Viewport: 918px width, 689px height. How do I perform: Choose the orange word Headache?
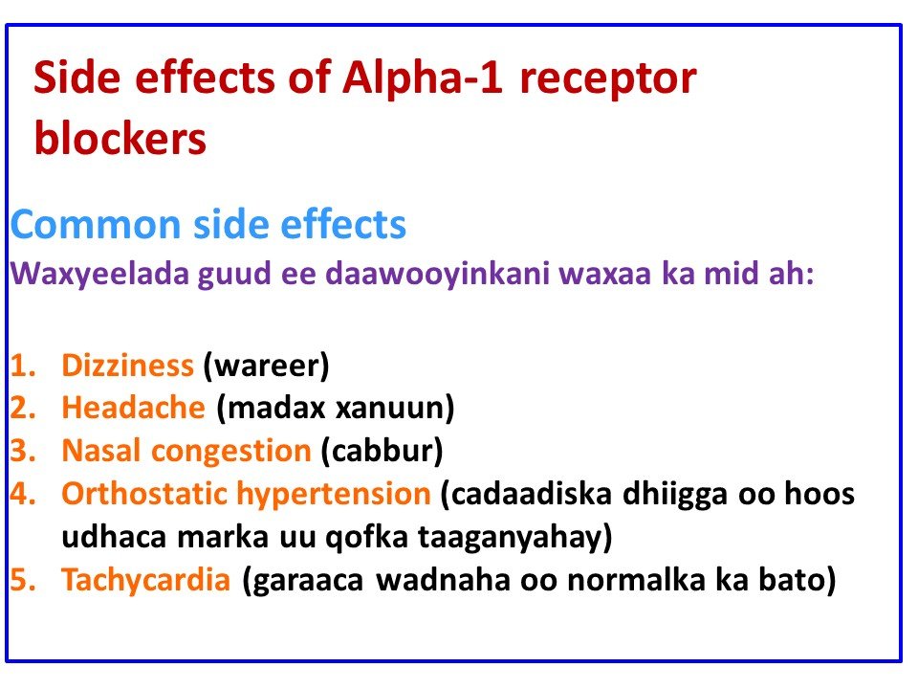tap(133, 408)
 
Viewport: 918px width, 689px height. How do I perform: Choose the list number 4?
tap(22, 495)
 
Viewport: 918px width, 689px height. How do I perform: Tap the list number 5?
tap(22, 581)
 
